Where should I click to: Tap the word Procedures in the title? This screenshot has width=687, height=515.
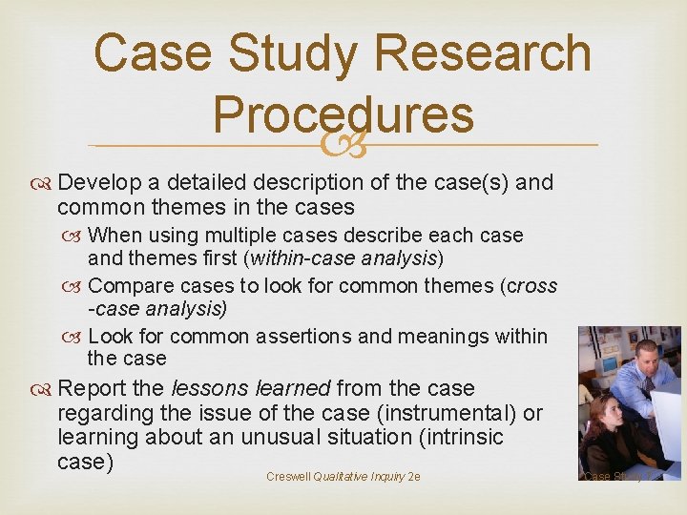[x=343, y=114]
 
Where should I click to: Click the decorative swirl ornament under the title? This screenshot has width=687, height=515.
[x=343, y=146]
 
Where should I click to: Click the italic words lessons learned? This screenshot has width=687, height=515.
[x=250, y=388]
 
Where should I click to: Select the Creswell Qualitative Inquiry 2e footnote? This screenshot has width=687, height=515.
[x=343, y=476]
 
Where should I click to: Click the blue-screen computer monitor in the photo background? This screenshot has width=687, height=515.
[x=607, y=365]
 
